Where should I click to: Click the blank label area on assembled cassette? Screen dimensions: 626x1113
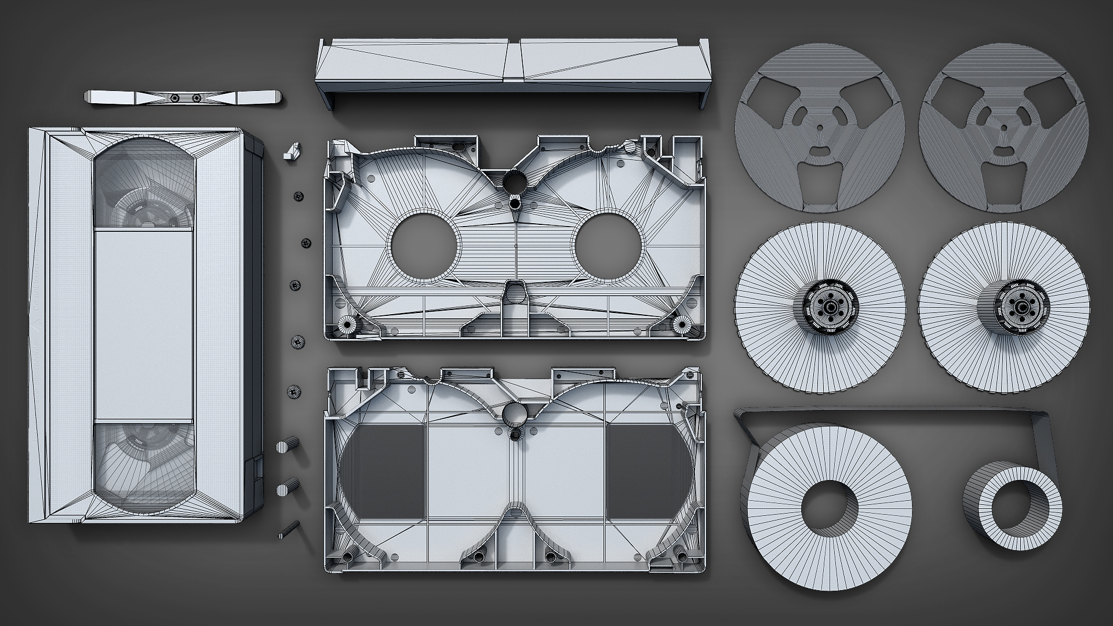tap(143, 325)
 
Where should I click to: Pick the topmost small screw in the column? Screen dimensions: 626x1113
tap(299, 196)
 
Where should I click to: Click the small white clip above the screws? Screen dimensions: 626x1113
tap(291, 151)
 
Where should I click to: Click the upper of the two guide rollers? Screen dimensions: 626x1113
tap(288, 447)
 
